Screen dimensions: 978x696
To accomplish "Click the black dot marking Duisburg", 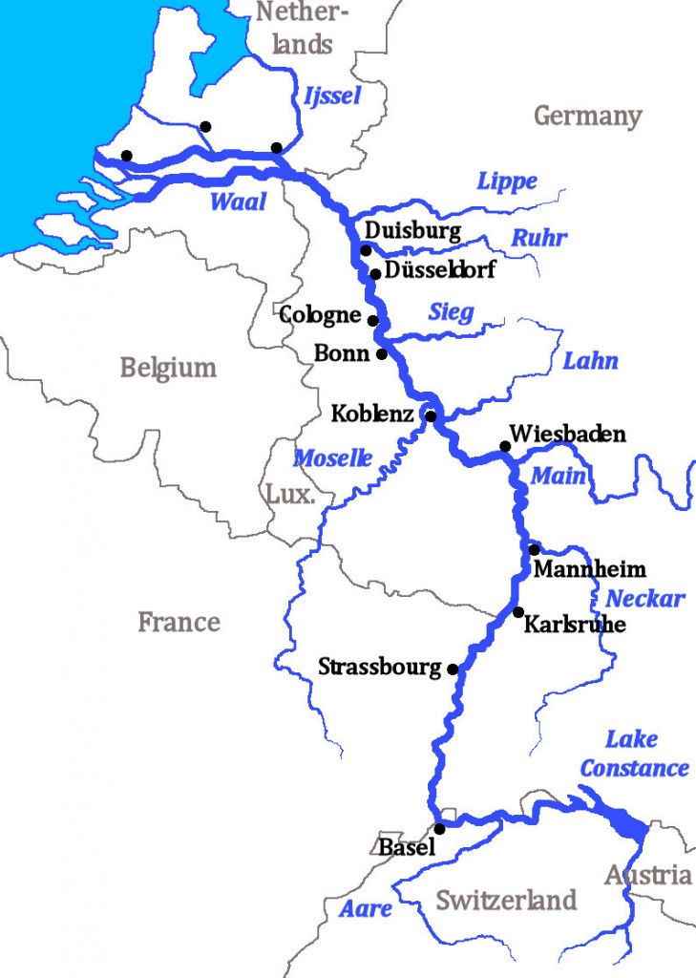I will click(366, 250).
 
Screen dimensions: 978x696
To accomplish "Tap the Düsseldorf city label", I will click(439, 270).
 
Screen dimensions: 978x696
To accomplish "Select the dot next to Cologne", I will click(373, 321).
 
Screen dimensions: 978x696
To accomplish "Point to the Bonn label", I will click(341, 353).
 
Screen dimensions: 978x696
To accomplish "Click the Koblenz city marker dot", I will click(431, 415).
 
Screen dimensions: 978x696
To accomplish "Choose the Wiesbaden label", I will click(568, 435).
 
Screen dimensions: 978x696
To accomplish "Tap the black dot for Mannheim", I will click(535, 549).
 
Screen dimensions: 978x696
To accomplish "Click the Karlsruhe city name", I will click(575, 625).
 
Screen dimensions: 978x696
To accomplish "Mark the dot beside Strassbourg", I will click(453, 670).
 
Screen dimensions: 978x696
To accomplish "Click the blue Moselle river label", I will click(332, 458).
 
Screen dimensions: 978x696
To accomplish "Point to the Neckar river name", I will click(645, 599).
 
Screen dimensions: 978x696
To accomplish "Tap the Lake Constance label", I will click(634, 755).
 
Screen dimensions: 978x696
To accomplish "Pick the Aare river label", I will click(366, 909).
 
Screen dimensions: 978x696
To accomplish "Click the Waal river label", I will click(238, 202).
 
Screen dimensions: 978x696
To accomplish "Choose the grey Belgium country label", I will click(168, 368).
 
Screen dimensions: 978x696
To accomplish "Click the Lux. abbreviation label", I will click(289, 495).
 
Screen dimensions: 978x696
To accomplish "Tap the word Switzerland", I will click(506, 900).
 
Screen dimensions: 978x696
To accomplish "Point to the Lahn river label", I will click(590, 361).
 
